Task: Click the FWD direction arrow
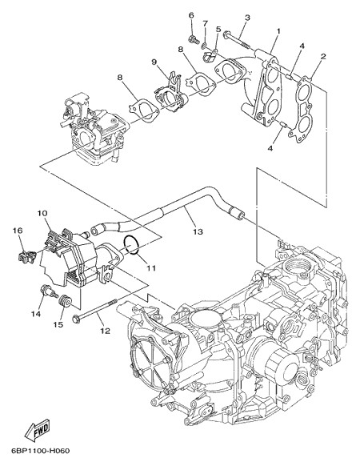(38, 428)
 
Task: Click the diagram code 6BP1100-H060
(40, 451)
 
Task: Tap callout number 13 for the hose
(198, 231)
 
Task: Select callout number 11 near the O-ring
(151, 268)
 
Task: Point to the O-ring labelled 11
(131, 244)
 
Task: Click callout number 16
(18, 230)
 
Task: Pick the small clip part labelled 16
(26, 257)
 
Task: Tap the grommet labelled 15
(65, 301)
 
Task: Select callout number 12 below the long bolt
(105, 331)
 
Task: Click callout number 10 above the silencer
(42, 213)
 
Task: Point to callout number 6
(191, 14)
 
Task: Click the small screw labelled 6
(194, 39)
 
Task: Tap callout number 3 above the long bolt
(247, 18)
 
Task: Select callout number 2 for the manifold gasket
(323, 57)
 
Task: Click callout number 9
(154, 62)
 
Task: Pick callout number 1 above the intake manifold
(278, 30)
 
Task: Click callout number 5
(218, 29)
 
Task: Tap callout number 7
(205, 22)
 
